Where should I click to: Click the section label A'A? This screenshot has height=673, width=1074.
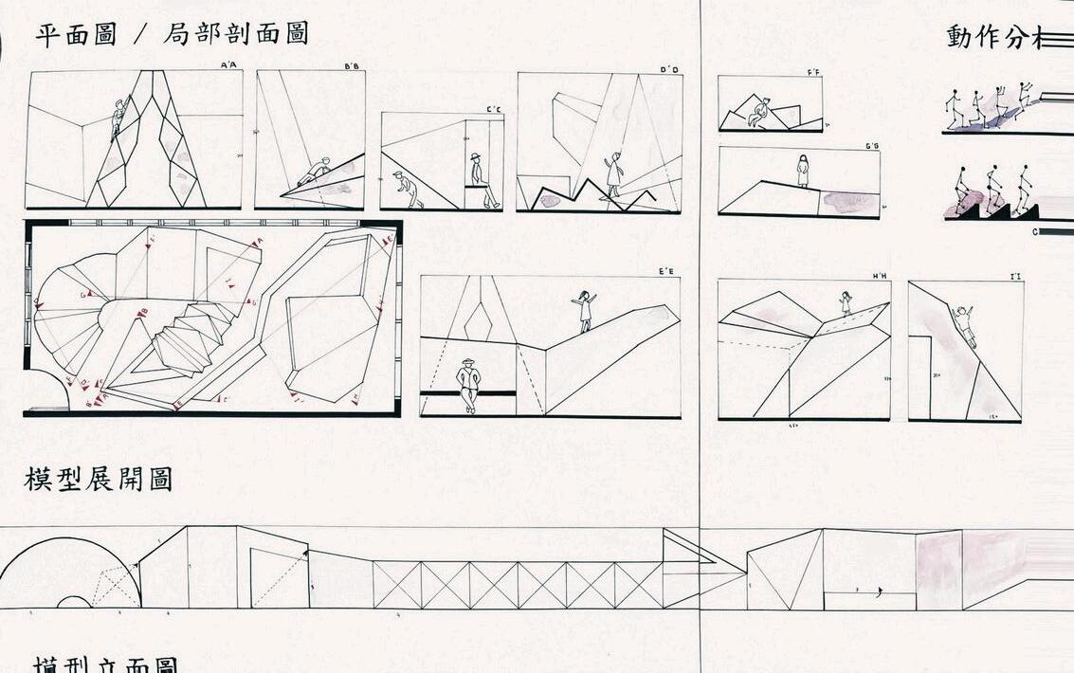click(x=228, y=65)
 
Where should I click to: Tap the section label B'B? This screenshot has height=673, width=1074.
click(x=351, y=66)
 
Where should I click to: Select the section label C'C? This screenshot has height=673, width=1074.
click(x=494, y=109)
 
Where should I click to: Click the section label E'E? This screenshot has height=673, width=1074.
click(x=666, y=272)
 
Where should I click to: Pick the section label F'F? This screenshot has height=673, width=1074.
click(x=813, y=72)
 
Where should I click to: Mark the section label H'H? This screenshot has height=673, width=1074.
click(x=880, y=276)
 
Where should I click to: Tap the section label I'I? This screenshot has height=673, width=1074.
click(x=1014, y=277)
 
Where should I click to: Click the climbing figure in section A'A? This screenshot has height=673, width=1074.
click(x=118, y=118)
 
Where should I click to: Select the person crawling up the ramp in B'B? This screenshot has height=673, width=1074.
click(x=316, y=171)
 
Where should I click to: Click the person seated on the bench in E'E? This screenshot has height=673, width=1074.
click(x=468, y=383)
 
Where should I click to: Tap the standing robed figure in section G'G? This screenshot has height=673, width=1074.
click(x=803, y=171)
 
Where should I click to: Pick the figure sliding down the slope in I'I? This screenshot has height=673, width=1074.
click(x=964, y=324)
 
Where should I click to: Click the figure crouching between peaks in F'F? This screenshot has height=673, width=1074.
click(x=758, y=112)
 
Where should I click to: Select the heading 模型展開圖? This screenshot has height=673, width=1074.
click(x=98, y=480)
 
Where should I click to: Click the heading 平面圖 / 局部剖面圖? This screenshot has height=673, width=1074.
click(x=172, y=35)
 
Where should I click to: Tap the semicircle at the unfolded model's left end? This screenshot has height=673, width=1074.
click(x=71, y=573)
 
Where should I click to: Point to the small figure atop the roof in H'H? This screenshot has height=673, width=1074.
click(x=846, y=302)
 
